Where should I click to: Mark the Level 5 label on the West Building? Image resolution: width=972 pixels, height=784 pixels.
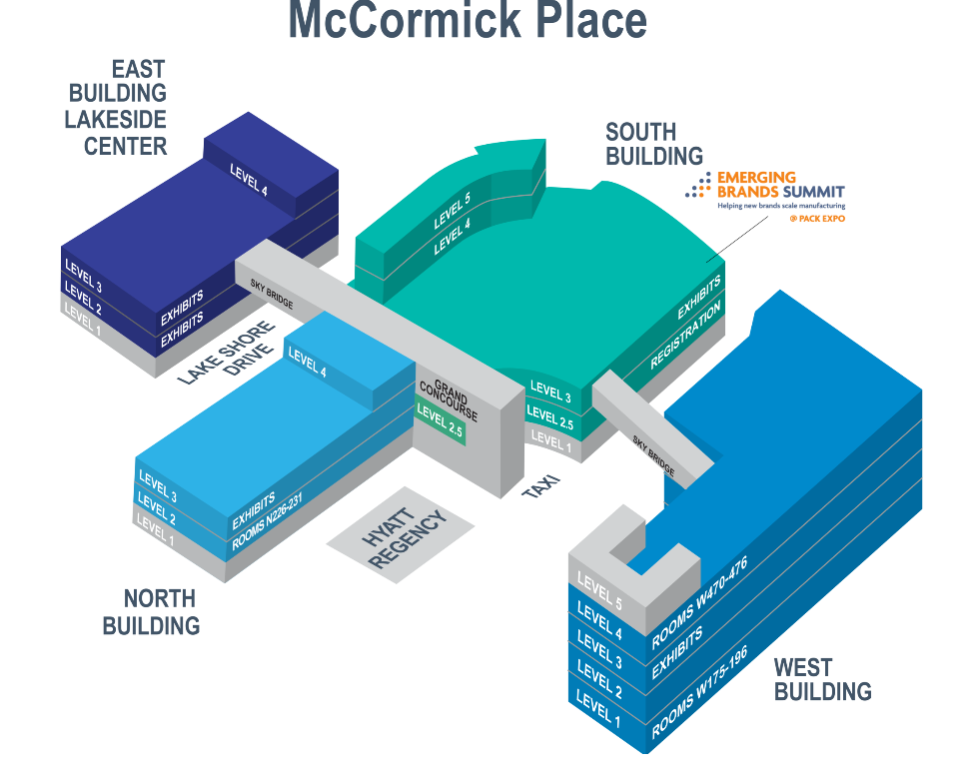[x=600, y=594]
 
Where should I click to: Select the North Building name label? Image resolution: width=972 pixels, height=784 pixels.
[x=152, y=612]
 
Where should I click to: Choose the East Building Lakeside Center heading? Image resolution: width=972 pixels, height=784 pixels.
[x=118, y=108]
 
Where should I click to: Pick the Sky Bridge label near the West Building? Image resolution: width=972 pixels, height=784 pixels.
[x=653, y=453]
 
